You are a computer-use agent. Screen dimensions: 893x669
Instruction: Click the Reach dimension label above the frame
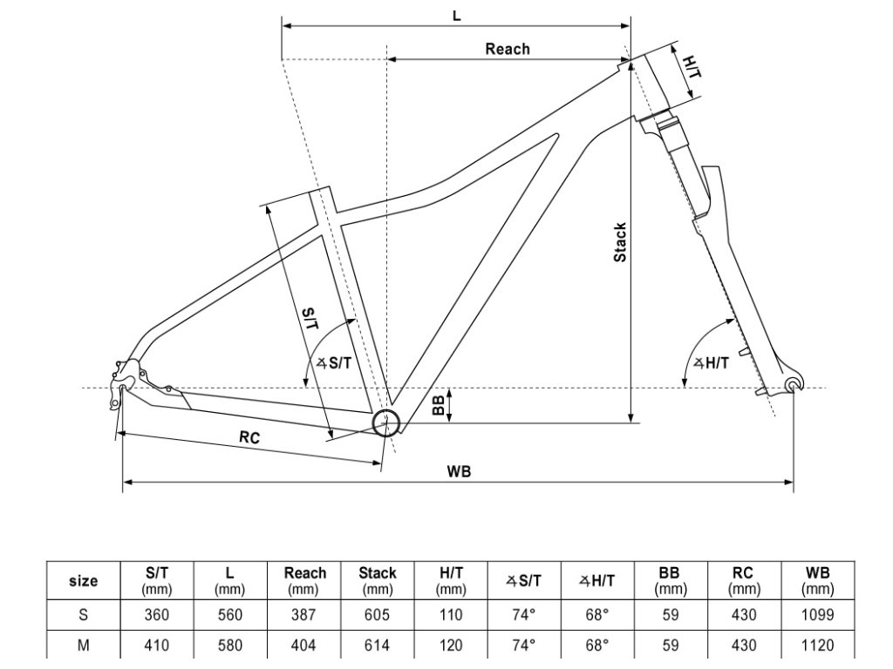tap(507, 49)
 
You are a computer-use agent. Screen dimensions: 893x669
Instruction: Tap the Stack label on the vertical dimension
tap(620, 242)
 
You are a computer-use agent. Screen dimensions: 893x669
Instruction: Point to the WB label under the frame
tap(459, 471)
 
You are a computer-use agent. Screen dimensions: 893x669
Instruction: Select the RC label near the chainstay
tap(249, 439)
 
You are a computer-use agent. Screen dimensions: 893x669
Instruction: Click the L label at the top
tap(457, 15)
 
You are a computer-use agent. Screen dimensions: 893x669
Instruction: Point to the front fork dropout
tap(792, 384)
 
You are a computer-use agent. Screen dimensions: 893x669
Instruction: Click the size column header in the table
tap(83, 581)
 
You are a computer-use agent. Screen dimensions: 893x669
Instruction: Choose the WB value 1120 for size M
tap(817, 645)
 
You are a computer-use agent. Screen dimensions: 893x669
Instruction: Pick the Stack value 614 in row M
tap(378, 645)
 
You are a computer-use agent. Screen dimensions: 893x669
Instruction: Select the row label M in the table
tap(83, 645)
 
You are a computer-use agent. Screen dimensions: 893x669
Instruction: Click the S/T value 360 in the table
tap(157, 614)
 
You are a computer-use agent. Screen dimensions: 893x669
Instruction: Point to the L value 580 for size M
tap(229, 645)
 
